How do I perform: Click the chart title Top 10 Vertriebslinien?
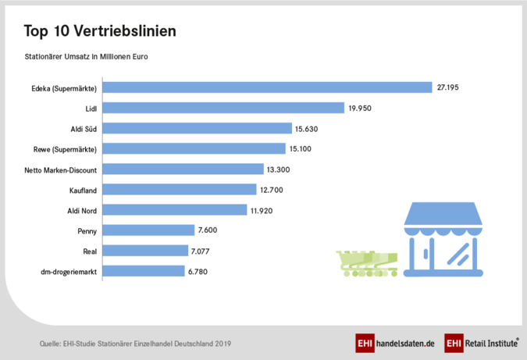tap(99, 31)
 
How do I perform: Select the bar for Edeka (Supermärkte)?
tap(267, 87)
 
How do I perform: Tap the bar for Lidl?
tap(223, 108)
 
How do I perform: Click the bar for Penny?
tap(148, 230)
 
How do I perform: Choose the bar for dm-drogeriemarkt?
tap(144, 271)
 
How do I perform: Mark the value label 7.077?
tap(200, 251)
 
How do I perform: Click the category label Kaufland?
tap(82, 189)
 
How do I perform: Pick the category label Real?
tap(89, 251)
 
